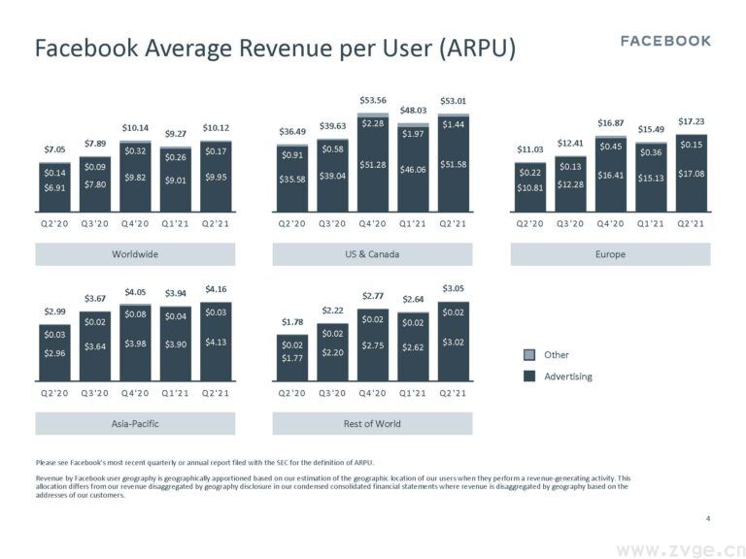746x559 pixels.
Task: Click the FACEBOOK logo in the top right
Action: click(x=665, y=41)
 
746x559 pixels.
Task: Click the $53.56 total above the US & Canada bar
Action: click(x=373, y=100)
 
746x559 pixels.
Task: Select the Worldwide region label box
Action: click(x=135, y=254)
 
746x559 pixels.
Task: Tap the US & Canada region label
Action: click(x=372, y=254)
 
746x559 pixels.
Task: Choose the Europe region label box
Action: click(x=610, y=254)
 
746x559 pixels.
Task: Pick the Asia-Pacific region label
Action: click(x=135, y=423)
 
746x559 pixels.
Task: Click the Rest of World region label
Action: click(x=372, y=423)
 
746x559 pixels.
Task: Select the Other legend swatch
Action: click(x=529, y=355)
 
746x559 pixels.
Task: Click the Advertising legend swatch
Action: click(x=529, y=377)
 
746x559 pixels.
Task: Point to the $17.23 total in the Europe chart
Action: click(x=691, y=121)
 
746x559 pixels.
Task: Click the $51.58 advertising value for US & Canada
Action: click(x=454, y=165)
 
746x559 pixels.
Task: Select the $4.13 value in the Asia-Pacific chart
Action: click(x=217, y=343)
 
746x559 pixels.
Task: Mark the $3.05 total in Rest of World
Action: click(x=454, y=288)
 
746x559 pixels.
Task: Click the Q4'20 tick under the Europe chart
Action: click(x=611, y=223)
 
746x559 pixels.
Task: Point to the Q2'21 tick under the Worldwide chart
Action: click(x=217, y=223)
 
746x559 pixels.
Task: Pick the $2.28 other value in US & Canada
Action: click(x=373, y=123)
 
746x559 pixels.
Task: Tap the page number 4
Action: click(x=708, y=518)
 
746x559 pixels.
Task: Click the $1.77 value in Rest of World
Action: click(x=291, y=359)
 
